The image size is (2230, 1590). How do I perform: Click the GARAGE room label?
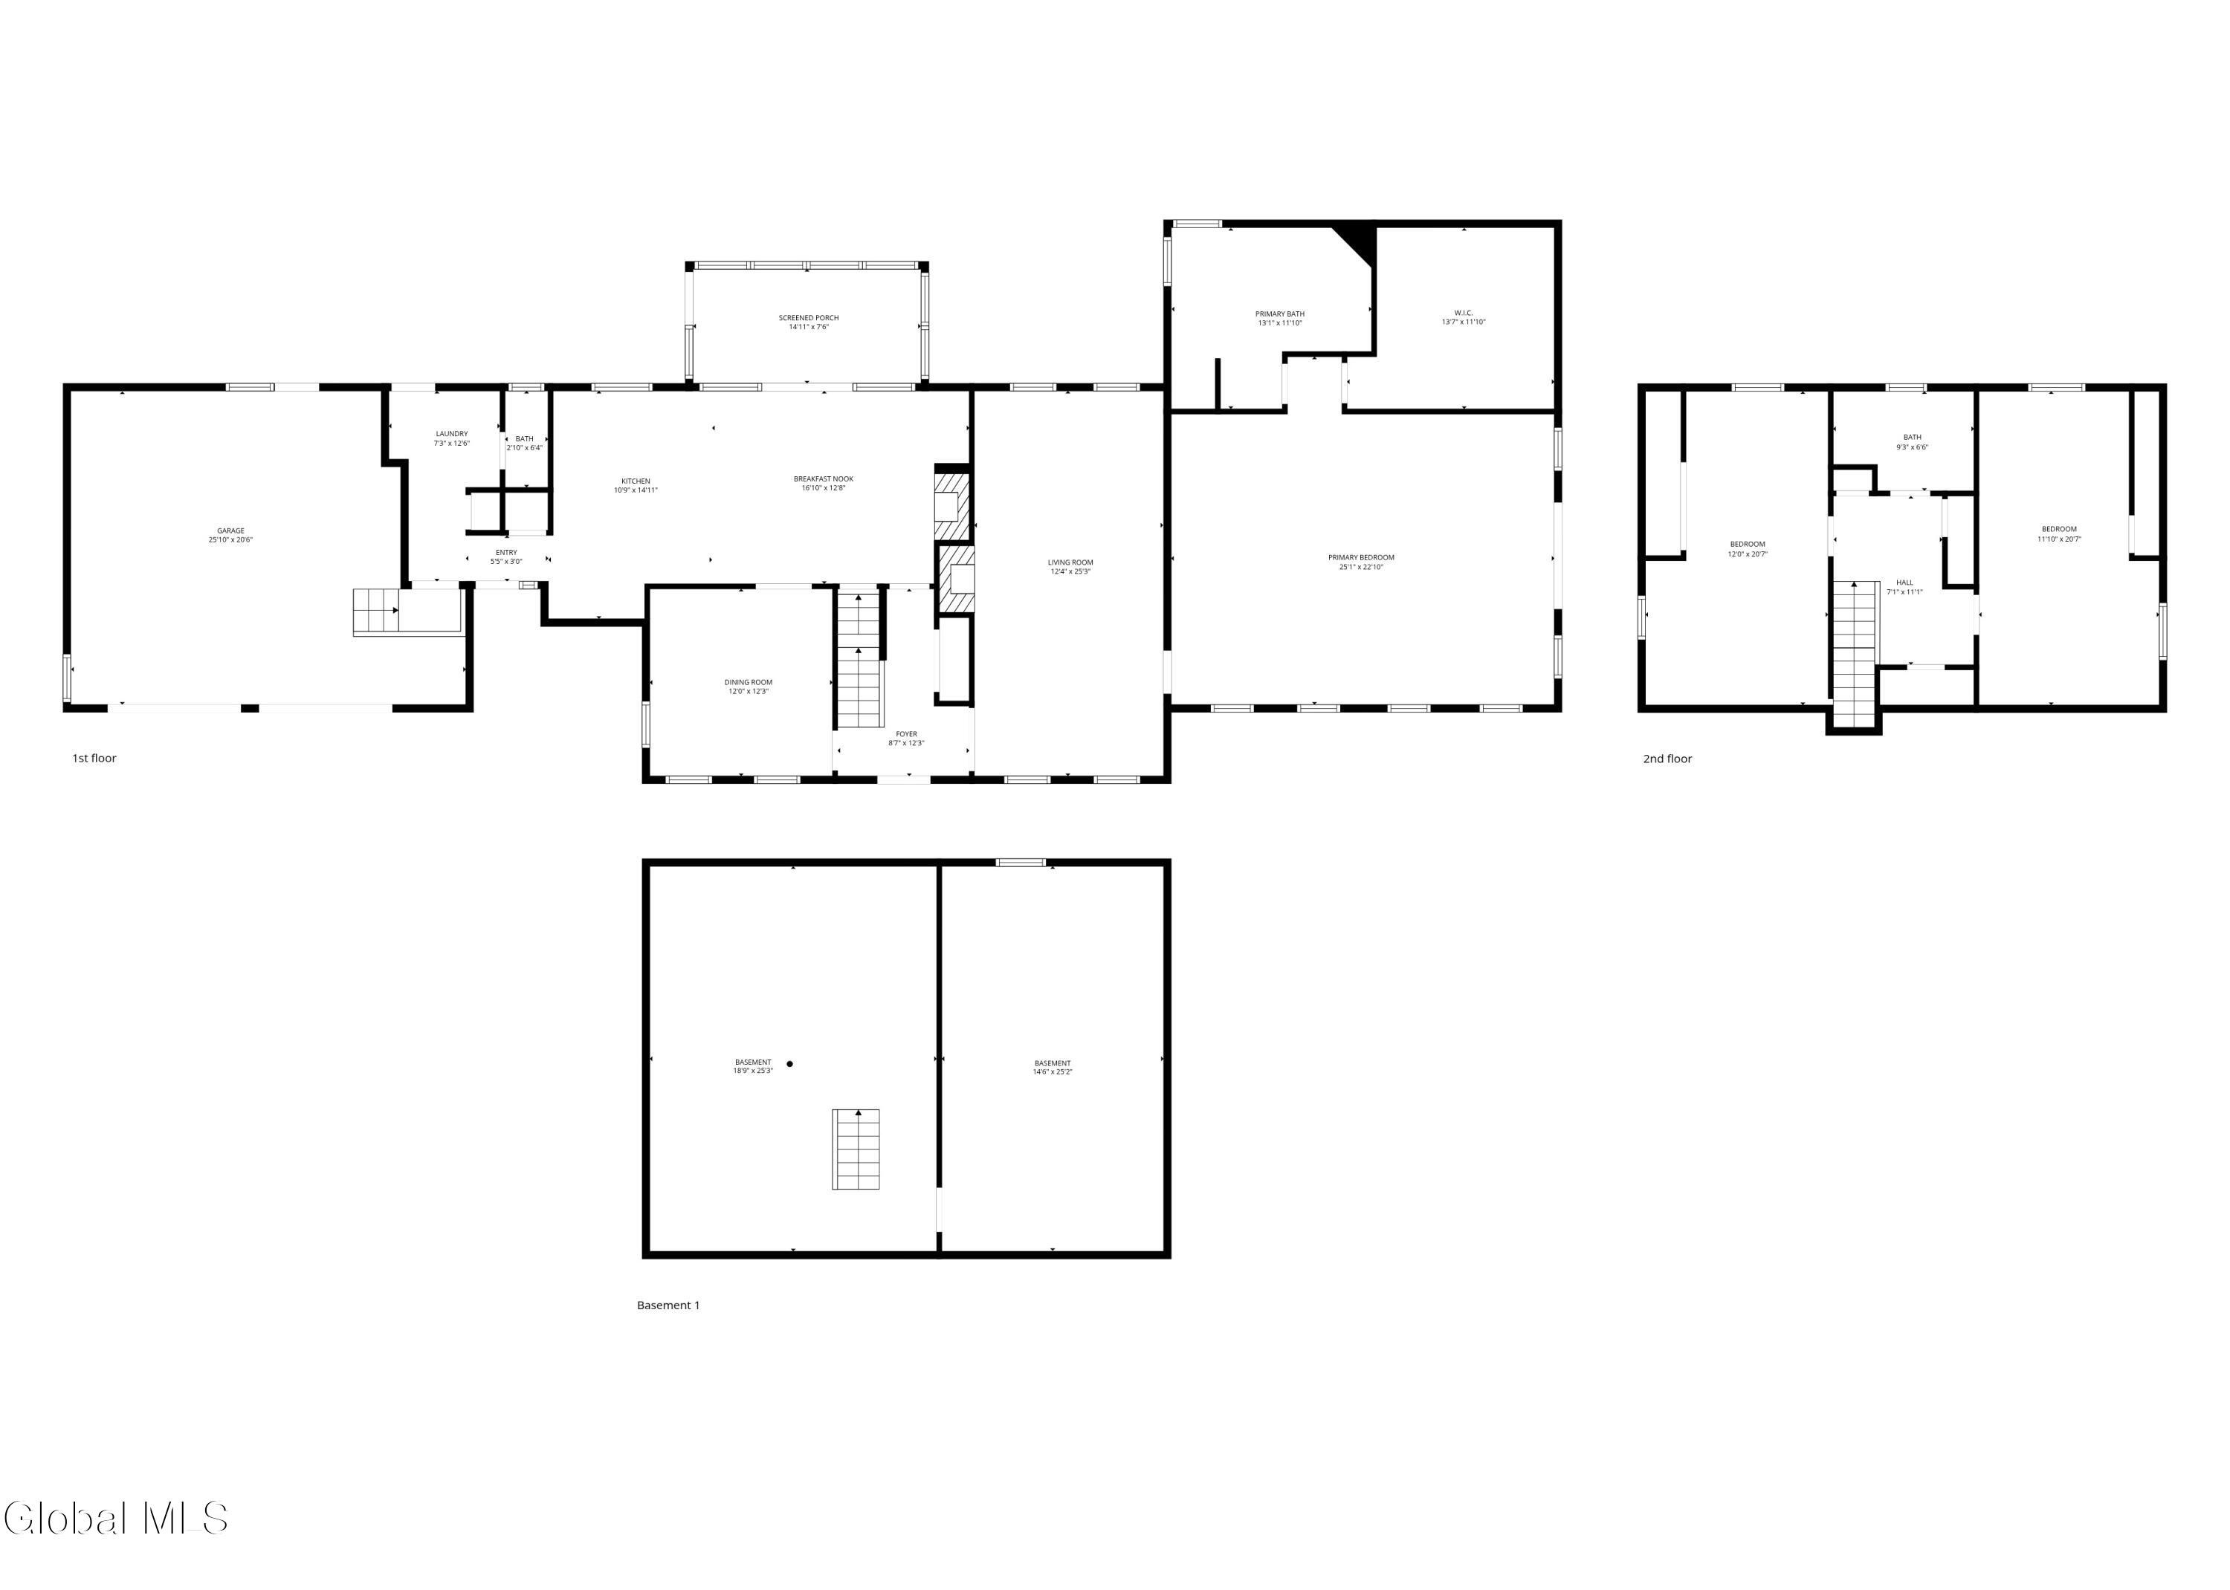tap(230, 530)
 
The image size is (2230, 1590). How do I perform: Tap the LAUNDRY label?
tap(451, 434)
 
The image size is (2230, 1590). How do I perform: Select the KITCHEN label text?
tap(636, 481)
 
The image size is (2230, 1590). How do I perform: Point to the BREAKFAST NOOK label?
tap(823, 478)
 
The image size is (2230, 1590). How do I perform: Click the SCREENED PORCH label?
tap(808, 318)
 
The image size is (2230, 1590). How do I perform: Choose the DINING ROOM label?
tap(749, 682)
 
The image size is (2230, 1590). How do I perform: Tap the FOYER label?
tap(906, 734)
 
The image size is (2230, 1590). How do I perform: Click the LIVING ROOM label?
tap(1070, 563)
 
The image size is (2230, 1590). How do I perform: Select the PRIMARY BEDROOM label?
tap(1360, 558)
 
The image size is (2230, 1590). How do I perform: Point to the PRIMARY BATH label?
tap(1279, 314)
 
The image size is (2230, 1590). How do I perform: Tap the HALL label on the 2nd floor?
tap(1904, 583)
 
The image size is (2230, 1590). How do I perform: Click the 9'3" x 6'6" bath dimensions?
tap(1912, 447)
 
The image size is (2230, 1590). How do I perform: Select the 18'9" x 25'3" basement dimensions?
tap(752, 1071)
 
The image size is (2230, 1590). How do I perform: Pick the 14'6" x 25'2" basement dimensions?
tap(1052, 1072)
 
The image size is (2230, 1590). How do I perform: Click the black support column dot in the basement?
tap(789, 1063)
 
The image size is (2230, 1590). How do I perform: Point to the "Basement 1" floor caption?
tap(668, 1305)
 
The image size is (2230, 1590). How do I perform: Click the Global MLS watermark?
tap(115, 1519)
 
